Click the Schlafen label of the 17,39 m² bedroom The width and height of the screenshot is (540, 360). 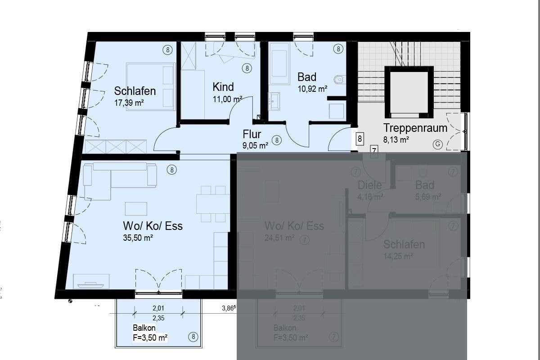(135, 91)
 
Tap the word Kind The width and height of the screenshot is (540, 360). (223, 86)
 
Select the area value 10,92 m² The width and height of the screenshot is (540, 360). (312, 89)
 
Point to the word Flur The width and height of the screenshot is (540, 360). (252, 134)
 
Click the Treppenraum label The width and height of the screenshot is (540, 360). (415, 128)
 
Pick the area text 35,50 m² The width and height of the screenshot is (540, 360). (138, 238)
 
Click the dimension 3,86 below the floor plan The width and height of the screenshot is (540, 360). (229, 309)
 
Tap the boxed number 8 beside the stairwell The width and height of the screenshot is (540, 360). (360, 139)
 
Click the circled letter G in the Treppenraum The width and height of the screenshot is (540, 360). (436, 144)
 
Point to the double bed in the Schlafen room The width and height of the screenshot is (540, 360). (151, 86)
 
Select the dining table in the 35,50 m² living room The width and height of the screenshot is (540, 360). (211, 204)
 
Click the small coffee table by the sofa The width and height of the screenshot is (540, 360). (135, 208)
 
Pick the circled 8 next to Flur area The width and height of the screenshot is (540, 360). (277, 140)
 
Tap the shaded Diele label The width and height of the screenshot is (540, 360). (369, 185)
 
